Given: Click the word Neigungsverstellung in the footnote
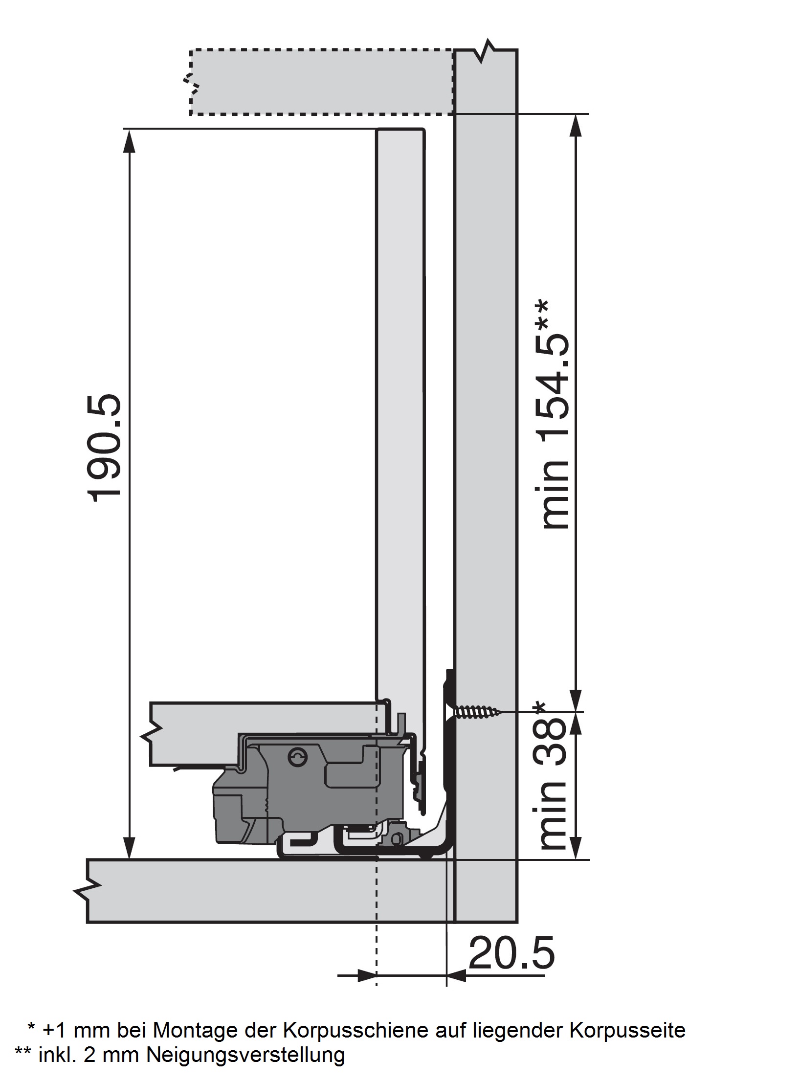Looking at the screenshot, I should [245, 1055].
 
